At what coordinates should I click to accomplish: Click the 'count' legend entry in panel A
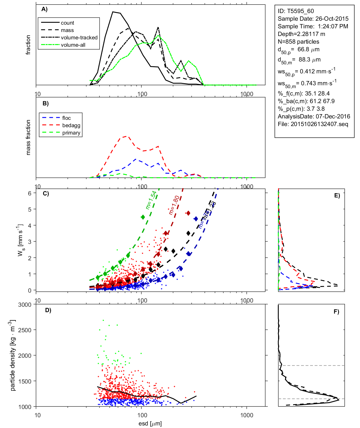67,23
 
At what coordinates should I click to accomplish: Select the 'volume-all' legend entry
73,45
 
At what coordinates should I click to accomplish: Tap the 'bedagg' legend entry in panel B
71,125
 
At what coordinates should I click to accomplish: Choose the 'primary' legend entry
71,133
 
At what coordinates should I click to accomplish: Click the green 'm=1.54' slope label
151,200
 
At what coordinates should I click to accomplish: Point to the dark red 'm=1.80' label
174,205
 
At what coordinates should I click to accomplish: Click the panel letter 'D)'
48,310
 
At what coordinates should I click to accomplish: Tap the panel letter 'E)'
337,195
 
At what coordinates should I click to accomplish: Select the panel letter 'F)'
336,312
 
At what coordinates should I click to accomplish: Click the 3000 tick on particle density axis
25,305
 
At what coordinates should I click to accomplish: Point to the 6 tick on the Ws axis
29,193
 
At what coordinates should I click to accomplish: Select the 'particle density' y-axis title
12,355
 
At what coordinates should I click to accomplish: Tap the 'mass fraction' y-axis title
28,137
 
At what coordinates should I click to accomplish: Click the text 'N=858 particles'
298,42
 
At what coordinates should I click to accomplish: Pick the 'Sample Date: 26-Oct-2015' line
313,19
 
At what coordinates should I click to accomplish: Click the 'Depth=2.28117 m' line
301,34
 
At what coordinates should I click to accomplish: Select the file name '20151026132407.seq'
319,124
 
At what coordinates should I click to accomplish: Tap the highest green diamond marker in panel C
143,217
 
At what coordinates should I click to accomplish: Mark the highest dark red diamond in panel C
188,213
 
